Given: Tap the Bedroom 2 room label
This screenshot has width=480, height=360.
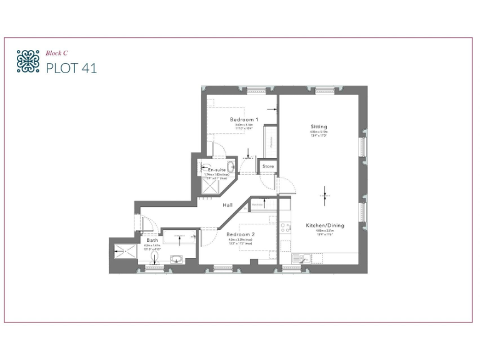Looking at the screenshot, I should [x=241, y=234].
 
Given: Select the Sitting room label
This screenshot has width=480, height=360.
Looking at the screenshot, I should [x=319, y=127].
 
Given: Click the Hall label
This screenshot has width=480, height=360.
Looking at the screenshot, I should [x=229, y=205].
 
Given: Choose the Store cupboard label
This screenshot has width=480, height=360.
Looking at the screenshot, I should [x=268, y=167].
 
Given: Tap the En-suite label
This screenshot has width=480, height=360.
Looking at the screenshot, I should [x=217, y=170].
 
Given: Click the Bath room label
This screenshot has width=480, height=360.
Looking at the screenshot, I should [x=152, y=241].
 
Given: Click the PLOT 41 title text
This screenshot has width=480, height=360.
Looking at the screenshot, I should [x=71, y=67].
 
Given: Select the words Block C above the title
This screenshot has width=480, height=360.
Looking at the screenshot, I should [x=56, y=53].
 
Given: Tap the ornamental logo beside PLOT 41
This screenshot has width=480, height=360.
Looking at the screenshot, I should [x=27, y=61].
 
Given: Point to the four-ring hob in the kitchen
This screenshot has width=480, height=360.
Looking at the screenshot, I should [x=285, y=228].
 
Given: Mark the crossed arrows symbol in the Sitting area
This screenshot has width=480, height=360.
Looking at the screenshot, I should [x=324, y=196].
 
